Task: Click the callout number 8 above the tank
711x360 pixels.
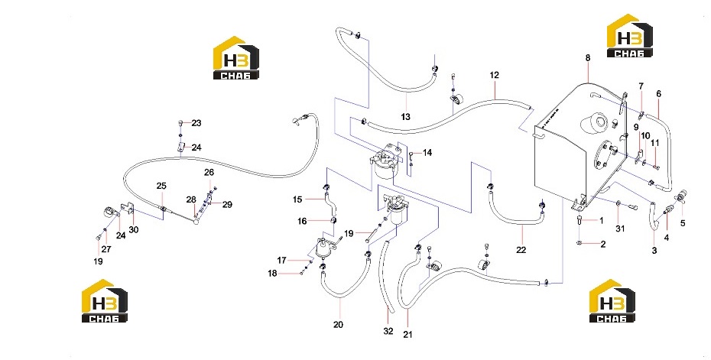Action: coord(588,58)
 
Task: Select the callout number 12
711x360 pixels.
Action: coord(494,75)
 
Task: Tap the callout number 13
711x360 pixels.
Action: coord(405,117)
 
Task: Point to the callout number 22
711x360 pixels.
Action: coord(521,250)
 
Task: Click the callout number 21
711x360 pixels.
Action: coord(408,335)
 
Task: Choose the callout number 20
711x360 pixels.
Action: coord(338,325)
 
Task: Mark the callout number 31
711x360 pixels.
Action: coord(620,229)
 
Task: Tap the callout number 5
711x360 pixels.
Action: coord(683,223)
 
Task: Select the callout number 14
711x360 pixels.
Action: coord(427,153)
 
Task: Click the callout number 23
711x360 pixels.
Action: coord(196,123)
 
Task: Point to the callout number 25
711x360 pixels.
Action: coord(161,186)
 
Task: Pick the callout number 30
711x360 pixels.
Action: coord(133,230)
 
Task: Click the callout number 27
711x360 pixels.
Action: coord(106,249)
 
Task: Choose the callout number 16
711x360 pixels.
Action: coord(302,221)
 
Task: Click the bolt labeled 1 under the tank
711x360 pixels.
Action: coord(580,220)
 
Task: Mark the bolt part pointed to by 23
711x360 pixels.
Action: coord(180,123)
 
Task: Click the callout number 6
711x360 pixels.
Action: coord(658,94)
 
